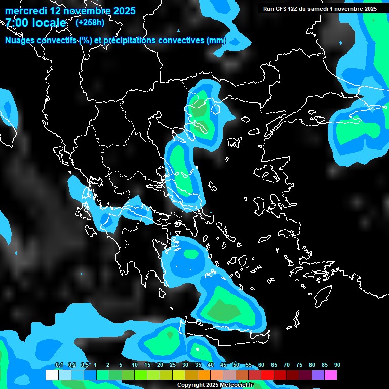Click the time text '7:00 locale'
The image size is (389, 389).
coord(35,23)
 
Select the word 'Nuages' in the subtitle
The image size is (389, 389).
coord(20,41)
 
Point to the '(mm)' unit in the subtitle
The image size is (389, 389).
coord(216,41)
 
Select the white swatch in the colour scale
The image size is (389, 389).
coord(52,375)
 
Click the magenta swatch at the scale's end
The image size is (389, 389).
coord(331,375)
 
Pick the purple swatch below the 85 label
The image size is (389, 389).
coord(318,375)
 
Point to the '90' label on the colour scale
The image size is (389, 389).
coord(337,365)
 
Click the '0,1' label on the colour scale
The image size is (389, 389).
coord(59,365)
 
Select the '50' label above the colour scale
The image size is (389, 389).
coord(236,365)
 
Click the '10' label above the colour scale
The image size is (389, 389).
coord(134,365)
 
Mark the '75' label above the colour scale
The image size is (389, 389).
coord(299,365)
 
